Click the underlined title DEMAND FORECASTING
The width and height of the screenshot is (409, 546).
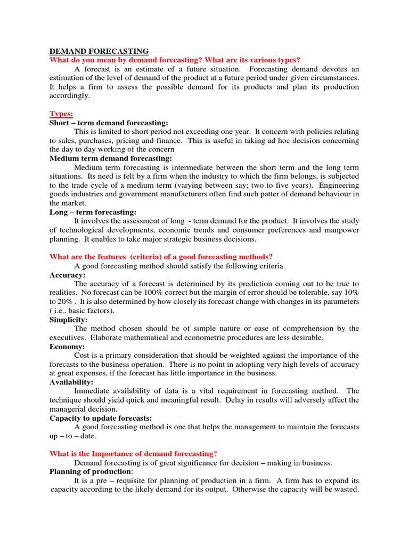tap(99, 51)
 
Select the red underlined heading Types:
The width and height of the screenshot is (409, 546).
tap(61, 114)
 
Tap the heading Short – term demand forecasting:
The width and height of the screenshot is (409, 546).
tap(109, 123)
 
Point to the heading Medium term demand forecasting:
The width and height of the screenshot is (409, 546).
tap(111, 158)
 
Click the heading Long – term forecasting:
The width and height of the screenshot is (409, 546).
tap(93, 212)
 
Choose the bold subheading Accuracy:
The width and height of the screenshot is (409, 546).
tap(68, 275)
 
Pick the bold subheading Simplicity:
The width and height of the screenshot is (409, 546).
tap(69, 319)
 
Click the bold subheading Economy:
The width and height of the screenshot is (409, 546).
tap(67, 347)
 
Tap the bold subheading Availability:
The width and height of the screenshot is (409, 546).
tap(71, 382)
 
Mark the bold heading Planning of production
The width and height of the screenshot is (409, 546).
tap(91, 472)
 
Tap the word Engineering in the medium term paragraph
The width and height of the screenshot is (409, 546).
tap(339, 185)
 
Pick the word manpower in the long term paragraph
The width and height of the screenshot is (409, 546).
tap(341, 230)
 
